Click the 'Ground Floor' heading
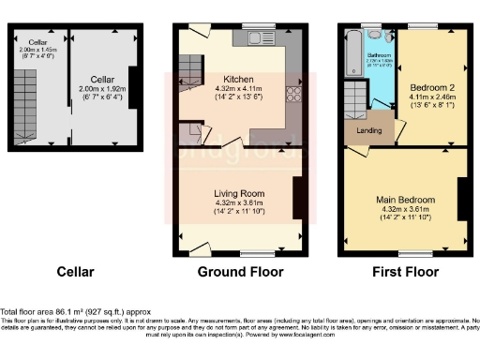tap(240, 273)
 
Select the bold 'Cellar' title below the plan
tap(75, 273)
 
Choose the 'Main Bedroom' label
tap(405, 200)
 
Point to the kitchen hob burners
tap(292, 95)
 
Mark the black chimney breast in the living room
tap(297, 196)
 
